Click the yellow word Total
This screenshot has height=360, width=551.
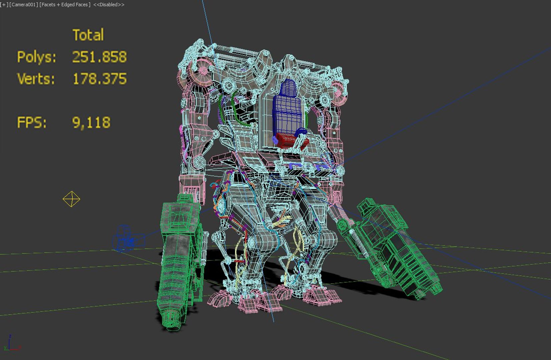88,35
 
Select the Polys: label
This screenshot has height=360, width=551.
37,57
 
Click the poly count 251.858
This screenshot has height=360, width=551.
99,57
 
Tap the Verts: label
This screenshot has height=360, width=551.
36,79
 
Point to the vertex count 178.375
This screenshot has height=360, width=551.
99,79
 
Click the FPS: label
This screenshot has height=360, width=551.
32,123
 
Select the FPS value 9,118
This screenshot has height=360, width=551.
91,123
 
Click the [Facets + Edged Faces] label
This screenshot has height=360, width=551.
65,5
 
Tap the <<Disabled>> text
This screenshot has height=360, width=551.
109,5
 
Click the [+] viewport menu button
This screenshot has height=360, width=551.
4,5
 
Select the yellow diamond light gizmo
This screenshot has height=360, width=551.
71,199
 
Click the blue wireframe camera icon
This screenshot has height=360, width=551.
127,239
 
